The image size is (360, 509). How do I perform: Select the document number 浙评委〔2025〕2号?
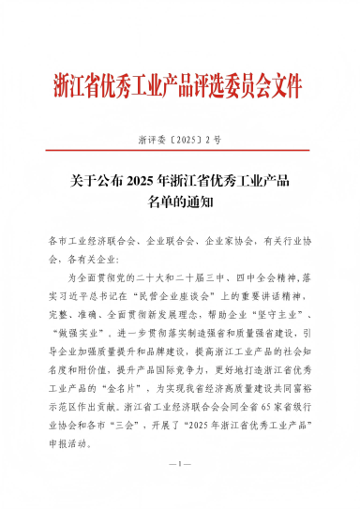[x=179, y=140]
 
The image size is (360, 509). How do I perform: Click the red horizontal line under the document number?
[x=179, y=154]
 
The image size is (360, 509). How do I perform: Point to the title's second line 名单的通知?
[x=181, y=200]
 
